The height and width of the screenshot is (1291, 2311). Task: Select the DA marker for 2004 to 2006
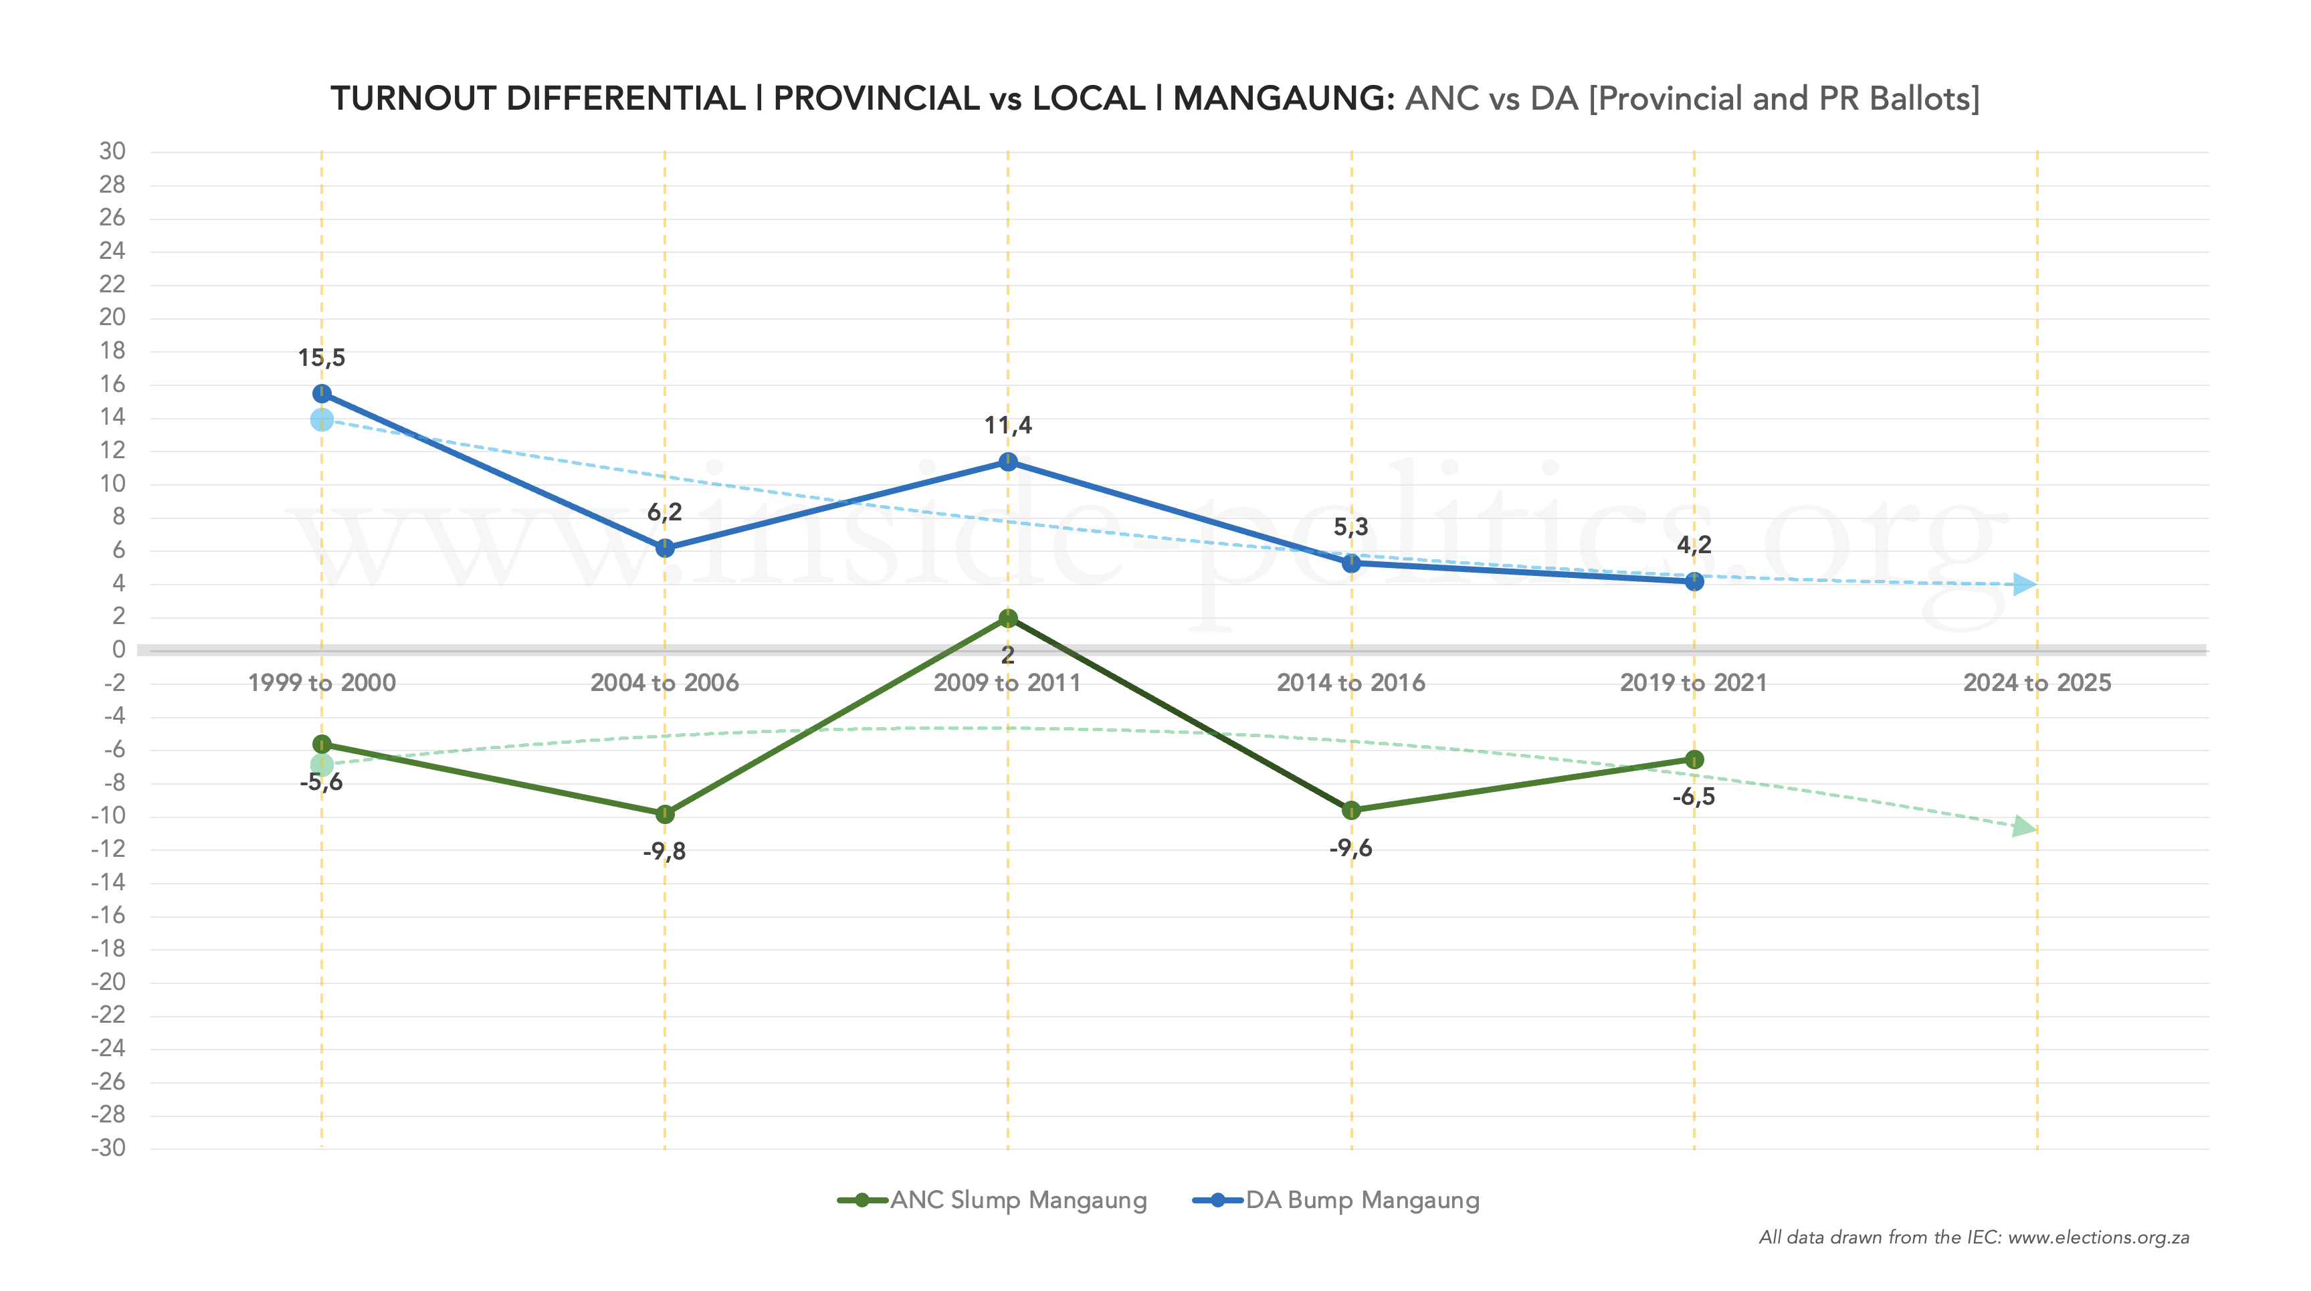pyautogui.click(x=665, y=548)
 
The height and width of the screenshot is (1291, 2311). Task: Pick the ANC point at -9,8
pyautogui.click(x=665, y=813)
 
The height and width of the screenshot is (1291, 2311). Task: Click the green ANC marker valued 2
pyautogui.click(x=1007, y=618)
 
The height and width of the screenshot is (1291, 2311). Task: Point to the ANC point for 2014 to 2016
pyautogui.click(x=1351, y=810)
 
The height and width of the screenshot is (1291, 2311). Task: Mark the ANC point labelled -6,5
pyautogui.click(x=1694, y=759)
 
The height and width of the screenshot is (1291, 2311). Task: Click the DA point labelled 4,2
pyautogui.click(x=1694, y=581)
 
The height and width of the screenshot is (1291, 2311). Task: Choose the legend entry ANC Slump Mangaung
pyautogui.click(x=992, y=1201)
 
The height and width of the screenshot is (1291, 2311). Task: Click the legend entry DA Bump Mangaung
pyautogui.click(x=1336, y=1201)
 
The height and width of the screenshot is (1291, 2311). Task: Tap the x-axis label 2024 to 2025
pyautogui.click(x=2037, y=683)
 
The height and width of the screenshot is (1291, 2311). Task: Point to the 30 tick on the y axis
pyautogui.click(x=112, y=151)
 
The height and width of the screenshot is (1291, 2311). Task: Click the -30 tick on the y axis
pyautogui.click(x=108, y=1147)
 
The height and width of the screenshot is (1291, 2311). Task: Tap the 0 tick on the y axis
pyautogui.click(x=118, y=650)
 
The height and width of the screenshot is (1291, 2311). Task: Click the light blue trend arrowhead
pyautogui.click(x=2025, y=584)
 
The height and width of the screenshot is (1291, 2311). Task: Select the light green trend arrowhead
pyautogui.click(x=2024, y=826)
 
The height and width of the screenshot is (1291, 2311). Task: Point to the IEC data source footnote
pyautogui.click(x=1974, y=1237)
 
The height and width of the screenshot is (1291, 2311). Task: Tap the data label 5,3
pyautogui.click(x=1351, y=526)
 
